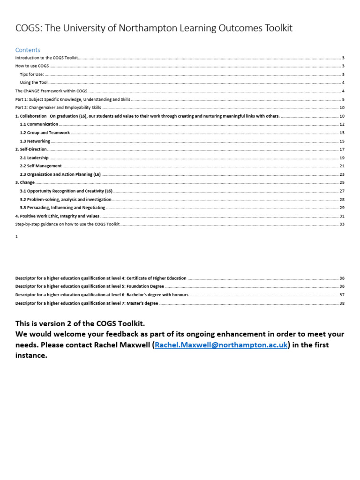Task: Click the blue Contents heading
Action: click(x=28, y=50)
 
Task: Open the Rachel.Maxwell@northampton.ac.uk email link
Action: click(x=221, y=345)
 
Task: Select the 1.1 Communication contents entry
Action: click(x=39, y=124)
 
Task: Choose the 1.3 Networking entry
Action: click(x=35, y=141)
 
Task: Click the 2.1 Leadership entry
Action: click(x=34, y=158)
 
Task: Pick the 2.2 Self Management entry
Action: click(x=40, y=166)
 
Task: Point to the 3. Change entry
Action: click(x=25, y=182)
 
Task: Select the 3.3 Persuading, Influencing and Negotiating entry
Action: click(x=62, y=208)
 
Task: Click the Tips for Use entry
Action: click(x=31, y=75)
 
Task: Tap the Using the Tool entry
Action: click(x=33, y=82)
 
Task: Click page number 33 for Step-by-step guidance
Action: click(x=342, y=225)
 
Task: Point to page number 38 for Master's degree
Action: click(x=342, y=303)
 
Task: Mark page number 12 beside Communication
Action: click(x=342, y=124)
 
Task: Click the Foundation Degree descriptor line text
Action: click(x=90, y=286)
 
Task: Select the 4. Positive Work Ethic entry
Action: click(x=57, y=216)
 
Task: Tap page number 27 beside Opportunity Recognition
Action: click(x=342, y=191)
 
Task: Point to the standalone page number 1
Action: click(x=16, y=237)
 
